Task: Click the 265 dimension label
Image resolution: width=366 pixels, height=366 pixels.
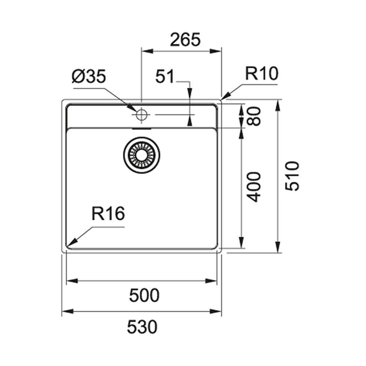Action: pyautogui.click(x=185, y=40)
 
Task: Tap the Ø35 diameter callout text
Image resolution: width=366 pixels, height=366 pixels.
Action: pyautogui.click(x=89, y=76)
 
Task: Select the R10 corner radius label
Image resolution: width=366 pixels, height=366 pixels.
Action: pyautogui.click(x=262, y=73)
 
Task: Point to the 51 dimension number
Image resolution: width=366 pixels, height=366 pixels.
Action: pyautogui.click(x=165, y=76)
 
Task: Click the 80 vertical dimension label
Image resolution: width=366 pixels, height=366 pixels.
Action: pyautogui.click(x=254, y=116)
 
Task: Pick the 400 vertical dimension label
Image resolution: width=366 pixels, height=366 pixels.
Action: pyautogui.click(x=254, y=187)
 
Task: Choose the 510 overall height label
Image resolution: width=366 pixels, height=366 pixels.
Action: pyautogui.click(x=292, y=176)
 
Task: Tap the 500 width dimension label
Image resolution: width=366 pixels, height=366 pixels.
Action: pyautogui.click(x=144, y=295)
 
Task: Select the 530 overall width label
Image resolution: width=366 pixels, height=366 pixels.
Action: pyautogui.click(x=142, y=327)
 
